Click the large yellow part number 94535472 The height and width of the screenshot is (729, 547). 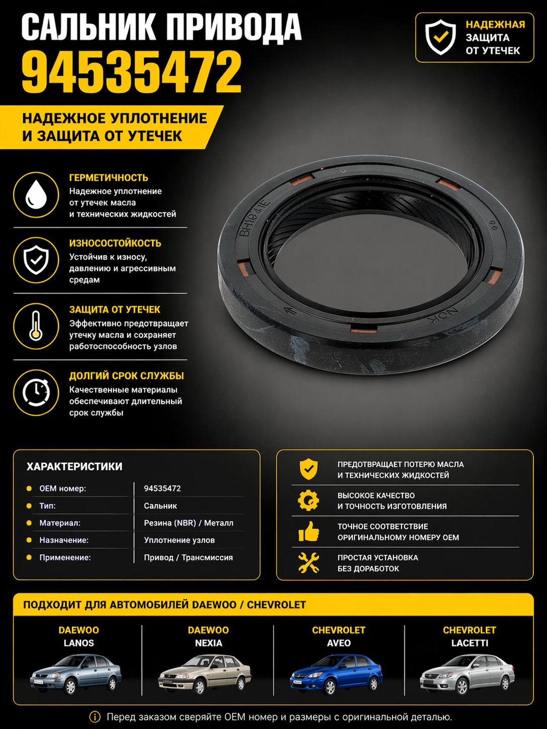pos(131,72)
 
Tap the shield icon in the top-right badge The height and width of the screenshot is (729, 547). pos(440,37)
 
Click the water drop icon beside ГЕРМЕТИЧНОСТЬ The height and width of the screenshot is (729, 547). pos(36,195)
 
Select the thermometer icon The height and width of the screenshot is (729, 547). pos(36,326)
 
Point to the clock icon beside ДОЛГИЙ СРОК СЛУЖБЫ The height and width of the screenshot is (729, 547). pos(36,392)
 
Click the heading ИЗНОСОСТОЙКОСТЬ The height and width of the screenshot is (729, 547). pos(115,243)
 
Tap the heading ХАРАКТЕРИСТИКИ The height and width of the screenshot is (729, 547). pos(75,467)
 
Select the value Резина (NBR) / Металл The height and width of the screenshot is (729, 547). pos(188,523)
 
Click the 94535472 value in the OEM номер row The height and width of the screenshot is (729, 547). pos(162,488)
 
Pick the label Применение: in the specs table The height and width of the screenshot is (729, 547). pos(65,557)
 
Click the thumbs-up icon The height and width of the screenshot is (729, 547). pos(309,531)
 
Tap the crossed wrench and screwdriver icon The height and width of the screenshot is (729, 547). pos(309,562)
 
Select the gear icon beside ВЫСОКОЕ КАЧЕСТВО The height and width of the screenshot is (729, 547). pos(309,500)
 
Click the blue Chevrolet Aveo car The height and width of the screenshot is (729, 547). pos(336,674)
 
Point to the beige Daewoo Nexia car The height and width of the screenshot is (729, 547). pos(205,674)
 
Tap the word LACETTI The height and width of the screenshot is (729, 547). pos(469,643)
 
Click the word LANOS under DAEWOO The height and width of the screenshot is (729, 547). pos(79,643)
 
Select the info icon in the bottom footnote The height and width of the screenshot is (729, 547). pos(95,716)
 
